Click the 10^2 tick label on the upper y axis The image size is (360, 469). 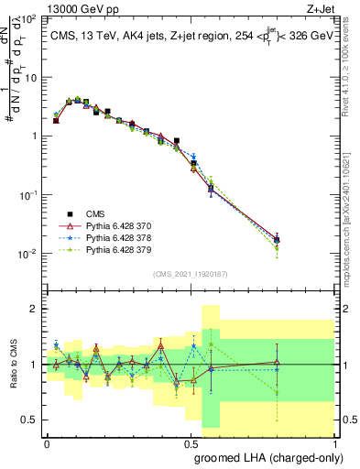click(27, 19)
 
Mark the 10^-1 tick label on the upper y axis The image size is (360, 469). click(27, 195)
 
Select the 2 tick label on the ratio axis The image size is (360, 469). click(34, 310)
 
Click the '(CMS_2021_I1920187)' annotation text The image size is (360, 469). click(190, 273)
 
